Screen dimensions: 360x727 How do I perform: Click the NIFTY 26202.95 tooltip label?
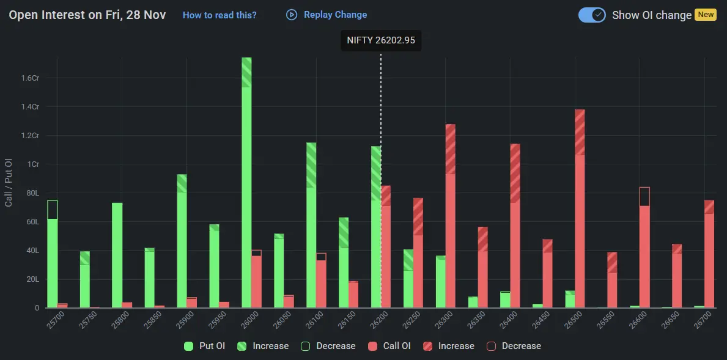(x=380, y=40)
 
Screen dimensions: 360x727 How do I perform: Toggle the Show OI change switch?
(x=592, y=15)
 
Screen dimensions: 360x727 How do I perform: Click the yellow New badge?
(x=706, y=15)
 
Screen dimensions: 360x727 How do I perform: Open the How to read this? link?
(x=220, y=15)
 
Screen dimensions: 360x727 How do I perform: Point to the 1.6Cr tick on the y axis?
(x=30, y=78)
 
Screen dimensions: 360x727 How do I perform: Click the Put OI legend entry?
(x=205, y=346)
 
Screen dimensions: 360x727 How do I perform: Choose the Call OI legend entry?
(x=389, y=346)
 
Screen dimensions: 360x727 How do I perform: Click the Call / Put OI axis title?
(x=9, y=182)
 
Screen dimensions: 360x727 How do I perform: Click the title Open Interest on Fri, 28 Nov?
(x=87, y=15)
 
